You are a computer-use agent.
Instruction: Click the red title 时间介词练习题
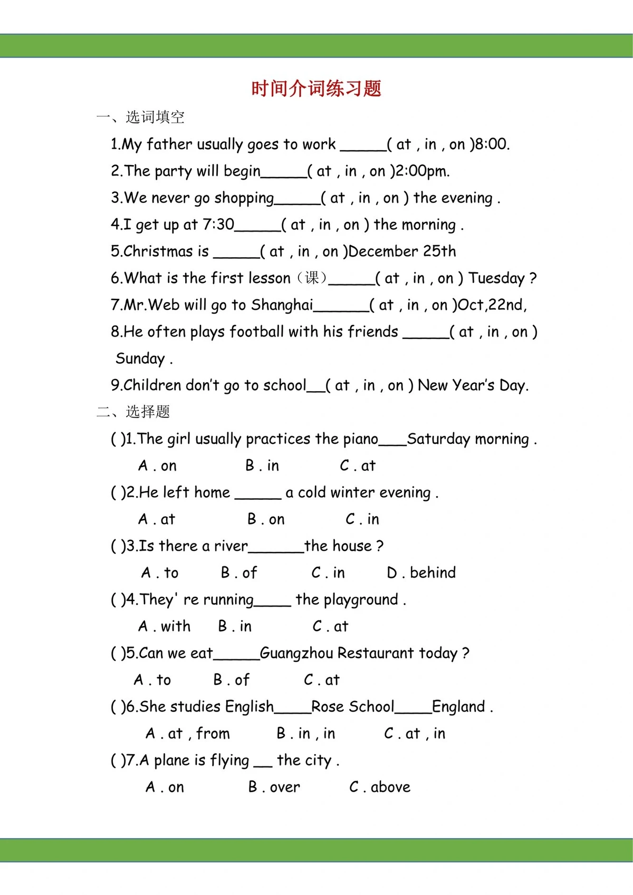click(316, 89)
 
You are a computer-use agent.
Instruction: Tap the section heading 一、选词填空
click(140, 117)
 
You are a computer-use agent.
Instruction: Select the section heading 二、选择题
click(133, 412)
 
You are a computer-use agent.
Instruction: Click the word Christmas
click(159, 251)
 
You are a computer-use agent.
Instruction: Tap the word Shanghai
click(282, 305)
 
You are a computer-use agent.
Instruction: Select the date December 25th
click(402, 251)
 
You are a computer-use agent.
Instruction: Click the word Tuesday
click(496, 278)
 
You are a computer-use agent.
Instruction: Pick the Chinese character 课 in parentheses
click(312, 278)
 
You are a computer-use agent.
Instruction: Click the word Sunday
click(140, 359)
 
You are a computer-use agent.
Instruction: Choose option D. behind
click(421, 573)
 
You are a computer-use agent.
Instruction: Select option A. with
click(164, 626)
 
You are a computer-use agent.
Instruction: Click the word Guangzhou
click(296, 654)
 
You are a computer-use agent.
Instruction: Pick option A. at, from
click(188, 734)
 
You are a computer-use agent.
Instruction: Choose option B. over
click(274, 787)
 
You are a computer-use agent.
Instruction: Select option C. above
click(379, 787)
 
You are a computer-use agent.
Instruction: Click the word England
click(458, 707)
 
